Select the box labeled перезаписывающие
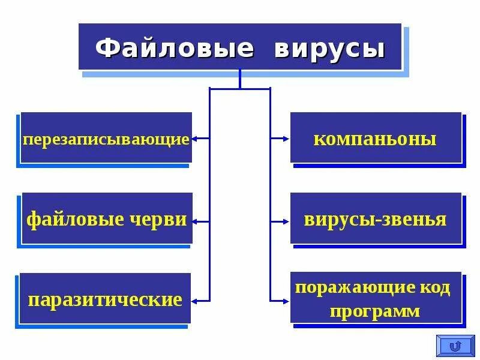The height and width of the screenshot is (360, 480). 106,138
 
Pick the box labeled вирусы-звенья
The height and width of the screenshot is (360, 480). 376,218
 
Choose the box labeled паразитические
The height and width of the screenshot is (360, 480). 105,299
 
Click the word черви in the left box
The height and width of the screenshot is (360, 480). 158,219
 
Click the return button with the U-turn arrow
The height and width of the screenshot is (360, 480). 455,346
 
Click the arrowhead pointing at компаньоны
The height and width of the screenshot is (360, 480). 286,138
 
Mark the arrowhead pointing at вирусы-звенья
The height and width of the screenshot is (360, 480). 286,221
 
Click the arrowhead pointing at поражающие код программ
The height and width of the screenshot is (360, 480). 286,299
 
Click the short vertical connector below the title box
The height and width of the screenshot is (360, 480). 240,79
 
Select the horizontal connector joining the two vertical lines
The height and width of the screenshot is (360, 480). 240,89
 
